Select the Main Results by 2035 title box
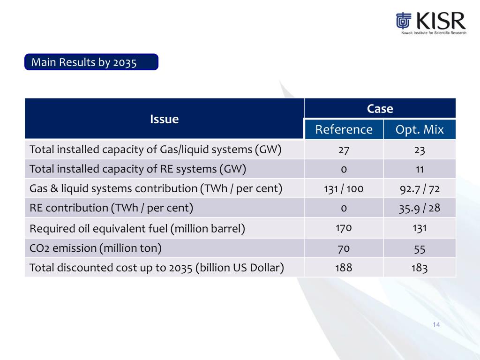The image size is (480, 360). coord(91,62)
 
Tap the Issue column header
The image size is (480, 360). coord(164,119)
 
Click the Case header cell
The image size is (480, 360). coord(380,109)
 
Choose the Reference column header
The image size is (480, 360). coord(344,129)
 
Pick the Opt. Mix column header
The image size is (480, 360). coord(420,129)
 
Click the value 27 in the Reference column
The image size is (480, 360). coord(344,150)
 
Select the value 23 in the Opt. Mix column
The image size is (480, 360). coord(420,150)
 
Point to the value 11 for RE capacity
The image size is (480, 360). coord(420,169)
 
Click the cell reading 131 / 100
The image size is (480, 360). coord(344,188)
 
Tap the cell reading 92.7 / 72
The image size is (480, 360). coord(420,188)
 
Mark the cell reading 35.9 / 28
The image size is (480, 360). coord(420,208)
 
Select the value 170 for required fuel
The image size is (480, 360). coord(344,228)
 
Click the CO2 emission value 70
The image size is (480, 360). coord(344,248)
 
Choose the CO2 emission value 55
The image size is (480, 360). coord(420,248)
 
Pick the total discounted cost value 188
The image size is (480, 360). coord(344,268)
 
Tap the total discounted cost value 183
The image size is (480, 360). coord(420,268)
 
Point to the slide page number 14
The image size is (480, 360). coord(436,325)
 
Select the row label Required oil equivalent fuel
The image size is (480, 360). coord(137,229)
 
